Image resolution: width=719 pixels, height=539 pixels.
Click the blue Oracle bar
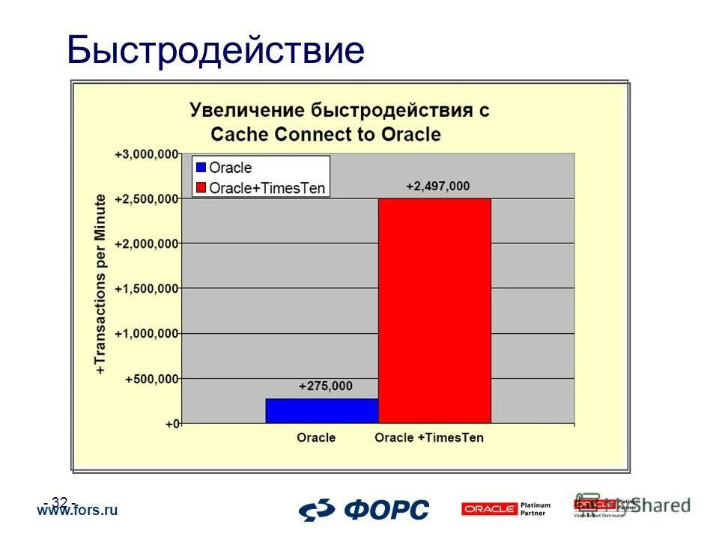(322, 410)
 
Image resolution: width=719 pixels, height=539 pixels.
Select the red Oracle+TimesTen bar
(434, 310)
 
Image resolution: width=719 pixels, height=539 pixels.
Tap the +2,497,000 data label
(438, 186)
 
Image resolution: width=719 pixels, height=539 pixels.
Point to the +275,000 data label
(325, 386)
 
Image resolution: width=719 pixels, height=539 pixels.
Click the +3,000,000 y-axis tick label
(147, 154)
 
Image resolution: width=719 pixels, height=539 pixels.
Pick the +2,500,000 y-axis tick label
(147, 199)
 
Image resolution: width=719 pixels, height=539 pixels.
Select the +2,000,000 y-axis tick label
(147, 244)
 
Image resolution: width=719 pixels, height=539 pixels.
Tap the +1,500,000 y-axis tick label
(147, 289)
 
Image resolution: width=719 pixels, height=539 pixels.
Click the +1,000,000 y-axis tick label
(147, 334)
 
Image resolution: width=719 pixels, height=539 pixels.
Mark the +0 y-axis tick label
(172, 424)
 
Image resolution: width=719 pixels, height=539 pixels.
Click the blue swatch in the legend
(201, 168)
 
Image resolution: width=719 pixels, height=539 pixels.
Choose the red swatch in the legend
(201, 187)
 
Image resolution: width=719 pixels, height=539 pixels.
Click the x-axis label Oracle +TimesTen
(429, 437)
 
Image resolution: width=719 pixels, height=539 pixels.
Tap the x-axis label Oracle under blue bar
(316, 437)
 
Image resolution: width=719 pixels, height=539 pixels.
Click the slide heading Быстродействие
(216, 51)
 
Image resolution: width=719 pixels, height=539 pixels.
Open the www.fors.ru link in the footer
(78, 511)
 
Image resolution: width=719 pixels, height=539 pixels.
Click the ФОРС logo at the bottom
(365, 509)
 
